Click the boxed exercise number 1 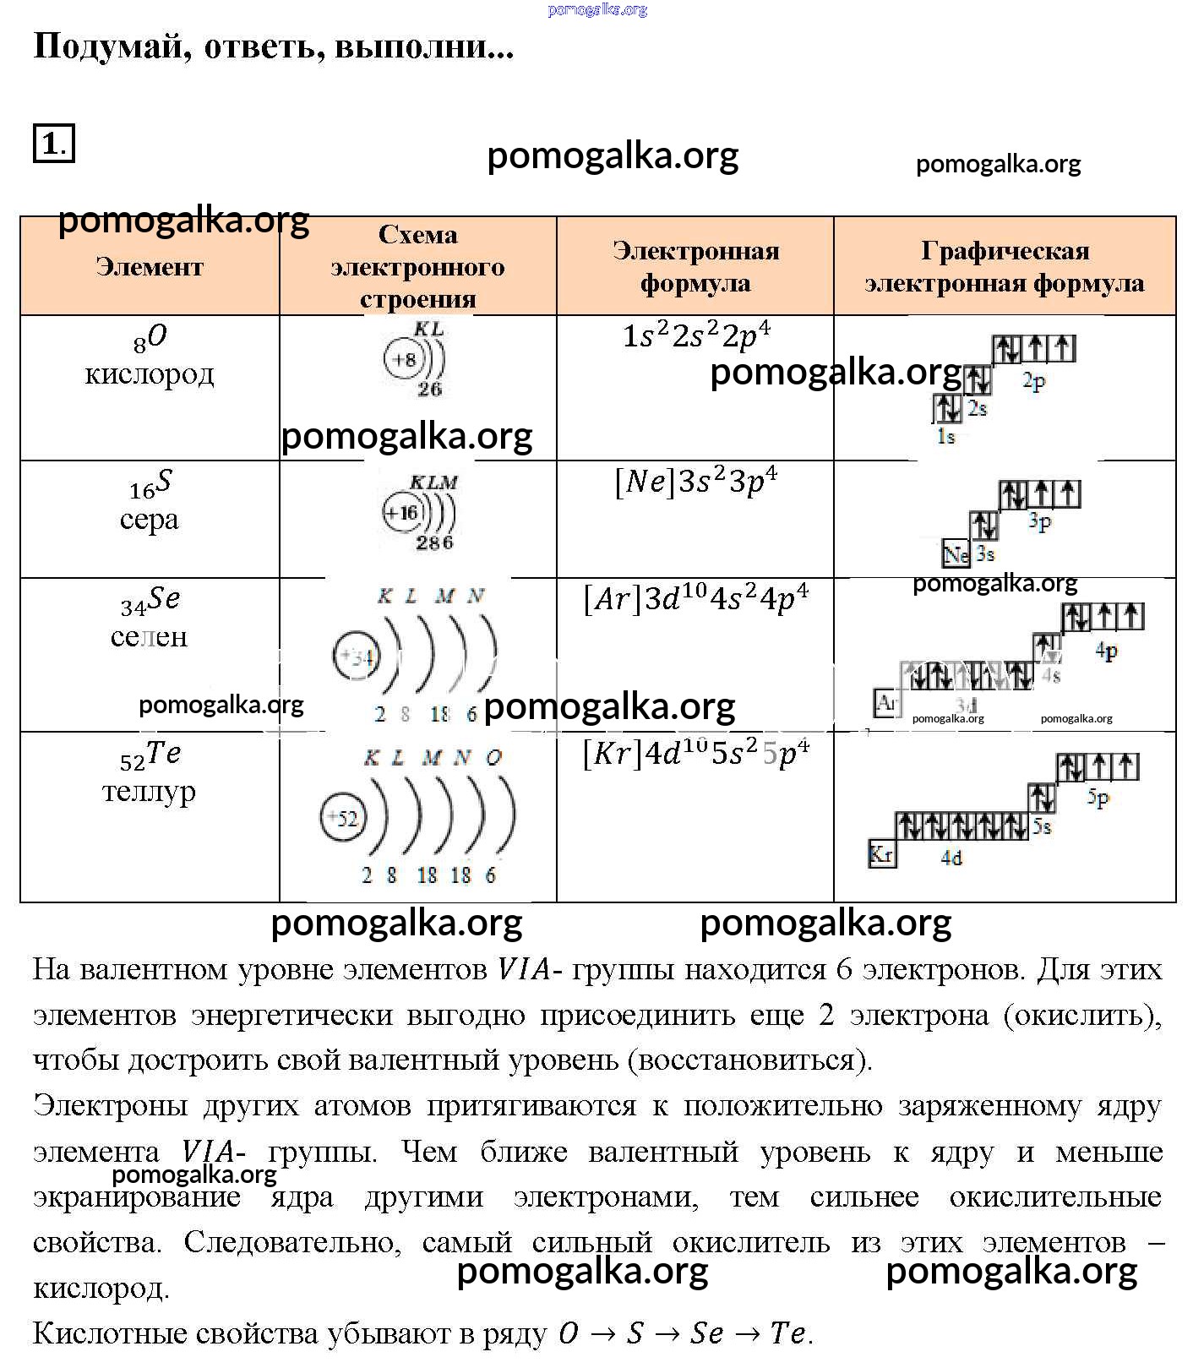coord(53,143)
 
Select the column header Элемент coord(150,267)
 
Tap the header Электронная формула coord(695,266)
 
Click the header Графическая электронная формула coord(1005,266)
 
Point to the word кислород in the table coord(150,373)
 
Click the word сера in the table coord(150,519)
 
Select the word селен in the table coord(150,636)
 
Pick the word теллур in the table coord(150,792)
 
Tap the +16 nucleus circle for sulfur coord(402,513)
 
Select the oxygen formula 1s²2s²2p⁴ coord(696,335)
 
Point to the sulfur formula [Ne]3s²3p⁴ coord(696,481)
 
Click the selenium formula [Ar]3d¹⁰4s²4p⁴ coord(696,598)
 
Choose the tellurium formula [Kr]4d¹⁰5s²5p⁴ coord(696,752)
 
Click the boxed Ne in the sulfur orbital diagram coord(956,554)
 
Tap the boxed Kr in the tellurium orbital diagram coord(881,854)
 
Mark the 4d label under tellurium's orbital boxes coord(951,858)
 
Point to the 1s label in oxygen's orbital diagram coord(945,437)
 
